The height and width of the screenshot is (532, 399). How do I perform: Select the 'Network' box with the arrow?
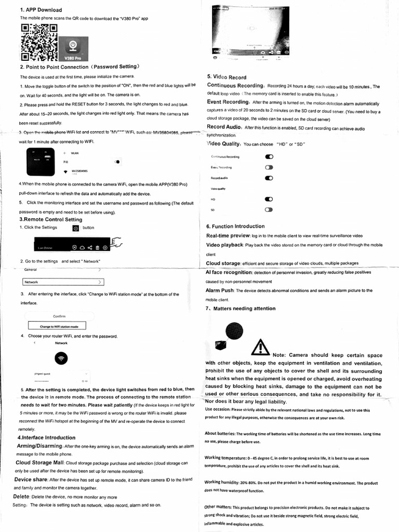pos(64,282)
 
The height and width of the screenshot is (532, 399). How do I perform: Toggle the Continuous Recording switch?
pos(269,156)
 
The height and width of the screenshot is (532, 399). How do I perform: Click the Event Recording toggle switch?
pos(269,167)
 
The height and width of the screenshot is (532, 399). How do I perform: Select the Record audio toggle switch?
pos(269,178)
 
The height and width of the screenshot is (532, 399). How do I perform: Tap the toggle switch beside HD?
pos(269,199)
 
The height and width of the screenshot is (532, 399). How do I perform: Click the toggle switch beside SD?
pos(269,209)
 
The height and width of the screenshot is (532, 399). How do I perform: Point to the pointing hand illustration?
pos(116,242)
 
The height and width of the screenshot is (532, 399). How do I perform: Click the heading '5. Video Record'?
pos(227,77)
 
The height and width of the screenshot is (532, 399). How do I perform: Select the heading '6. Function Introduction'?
pos(235,227)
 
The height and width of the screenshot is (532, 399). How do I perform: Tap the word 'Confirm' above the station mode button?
pos(59,316)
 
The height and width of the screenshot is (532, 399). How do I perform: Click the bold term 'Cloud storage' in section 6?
pos(223,263)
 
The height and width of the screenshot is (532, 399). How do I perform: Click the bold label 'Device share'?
pos(31,479)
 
